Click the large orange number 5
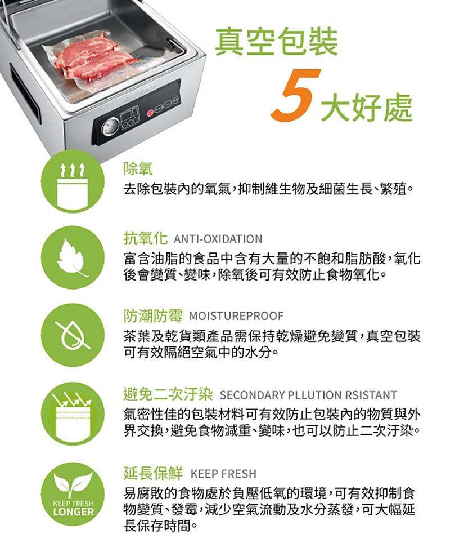click(x=296, y=95)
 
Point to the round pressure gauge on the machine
click(x=107, y=129)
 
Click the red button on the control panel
click(x=150, y=112)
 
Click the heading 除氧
click(x=138, y=168)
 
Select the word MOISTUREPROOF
click(x=236, y=316)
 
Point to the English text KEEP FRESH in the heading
click(x=223, y=473)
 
